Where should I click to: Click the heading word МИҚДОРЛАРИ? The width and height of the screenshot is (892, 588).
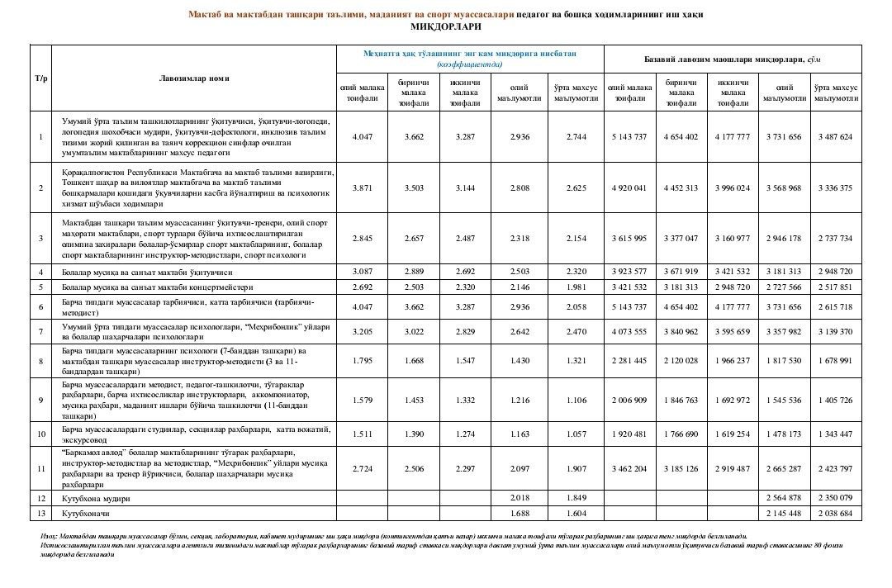[x=445, y=26]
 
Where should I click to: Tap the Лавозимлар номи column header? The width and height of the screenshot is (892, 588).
[x=194, y=78]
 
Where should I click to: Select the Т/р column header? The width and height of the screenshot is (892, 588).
[x=40, y=78]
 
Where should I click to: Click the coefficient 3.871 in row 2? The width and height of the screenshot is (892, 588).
[x=363, y=188]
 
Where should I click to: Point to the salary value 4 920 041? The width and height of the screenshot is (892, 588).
[x=629, y=188]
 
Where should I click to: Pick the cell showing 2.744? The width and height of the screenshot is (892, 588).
[x=576, y=136]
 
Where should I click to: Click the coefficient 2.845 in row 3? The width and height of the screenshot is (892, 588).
[x=363, y=239]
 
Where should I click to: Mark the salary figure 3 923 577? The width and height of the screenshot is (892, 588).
[x=629, y=272]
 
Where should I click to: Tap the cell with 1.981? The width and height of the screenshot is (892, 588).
[x=576, y=287]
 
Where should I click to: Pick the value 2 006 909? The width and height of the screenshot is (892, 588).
[x=629, y=400]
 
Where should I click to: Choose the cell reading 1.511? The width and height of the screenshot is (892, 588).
[x=363, y=433]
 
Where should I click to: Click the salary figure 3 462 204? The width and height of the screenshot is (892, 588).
[x=629, y=469]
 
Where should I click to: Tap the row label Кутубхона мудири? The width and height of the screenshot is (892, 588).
[x=97, y=499]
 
